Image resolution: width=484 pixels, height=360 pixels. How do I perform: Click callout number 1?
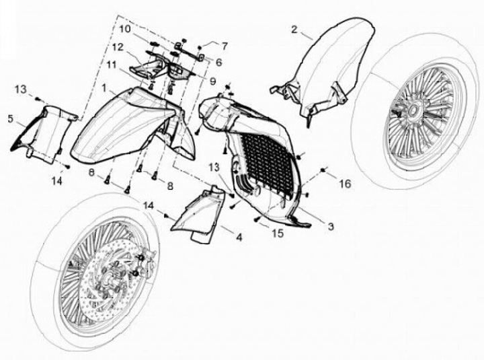[106, 88]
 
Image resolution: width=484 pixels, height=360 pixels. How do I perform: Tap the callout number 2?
[294, 29]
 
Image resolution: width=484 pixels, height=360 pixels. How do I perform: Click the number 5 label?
[10, 119]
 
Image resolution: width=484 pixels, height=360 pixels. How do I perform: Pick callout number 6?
[218, 61]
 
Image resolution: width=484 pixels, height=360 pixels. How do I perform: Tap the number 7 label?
[225, 46]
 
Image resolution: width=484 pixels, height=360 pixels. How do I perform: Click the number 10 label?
[126, 29]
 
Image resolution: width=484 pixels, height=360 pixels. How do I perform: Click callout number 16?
[344, 183]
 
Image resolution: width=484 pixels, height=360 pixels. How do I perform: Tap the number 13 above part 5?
[21, 89]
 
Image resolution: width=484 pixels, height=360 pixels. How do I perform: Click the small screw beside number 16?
[324, 173]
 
